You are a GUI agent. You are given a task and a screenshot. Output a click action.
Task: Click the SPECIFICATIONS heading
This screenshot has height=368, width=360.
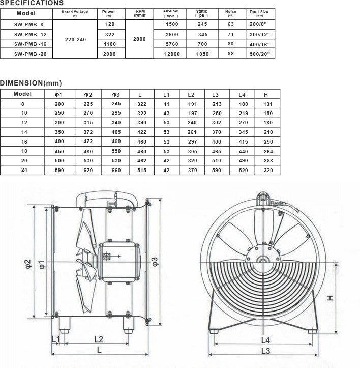pos(32,3)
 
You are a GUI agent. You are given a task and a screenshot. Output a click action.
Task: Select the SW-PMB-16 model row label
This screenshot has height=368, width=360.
pos(26,44)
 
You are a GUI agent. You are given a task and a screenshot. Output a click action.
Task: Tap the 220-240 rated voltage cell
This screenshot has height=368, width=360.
pos(75,39)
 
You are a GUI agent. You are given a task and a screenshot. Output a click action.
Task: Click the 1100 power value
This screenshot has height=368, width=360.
pos(110,44)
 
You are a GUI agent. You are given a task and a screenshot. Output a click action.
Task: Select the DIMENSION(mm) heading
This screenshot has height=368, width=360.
pos(31,83)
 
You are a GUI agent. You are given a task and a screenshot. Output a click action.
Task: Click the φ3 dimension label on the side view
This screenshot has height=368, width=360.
pos(156,261)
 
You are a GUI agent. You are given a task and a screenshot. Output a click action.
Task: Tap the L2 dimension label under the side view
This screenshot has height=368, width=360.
pos(99,338)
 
